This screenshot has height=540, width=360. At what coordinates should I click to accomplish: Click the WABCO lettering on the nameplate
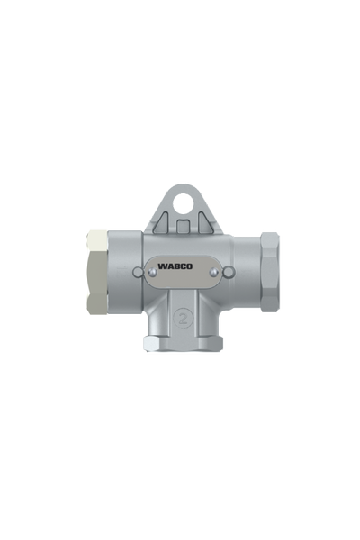tap(182, 266)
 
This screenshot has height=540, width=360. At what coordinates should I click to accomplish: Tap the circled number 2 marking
tap(183, 319)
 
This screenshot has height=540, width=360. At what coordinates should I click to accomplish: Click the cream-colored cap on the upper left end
tap(93, 240)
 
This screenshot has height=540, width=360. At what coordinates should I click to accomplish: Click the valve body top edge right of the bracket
tap(238, 235)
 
